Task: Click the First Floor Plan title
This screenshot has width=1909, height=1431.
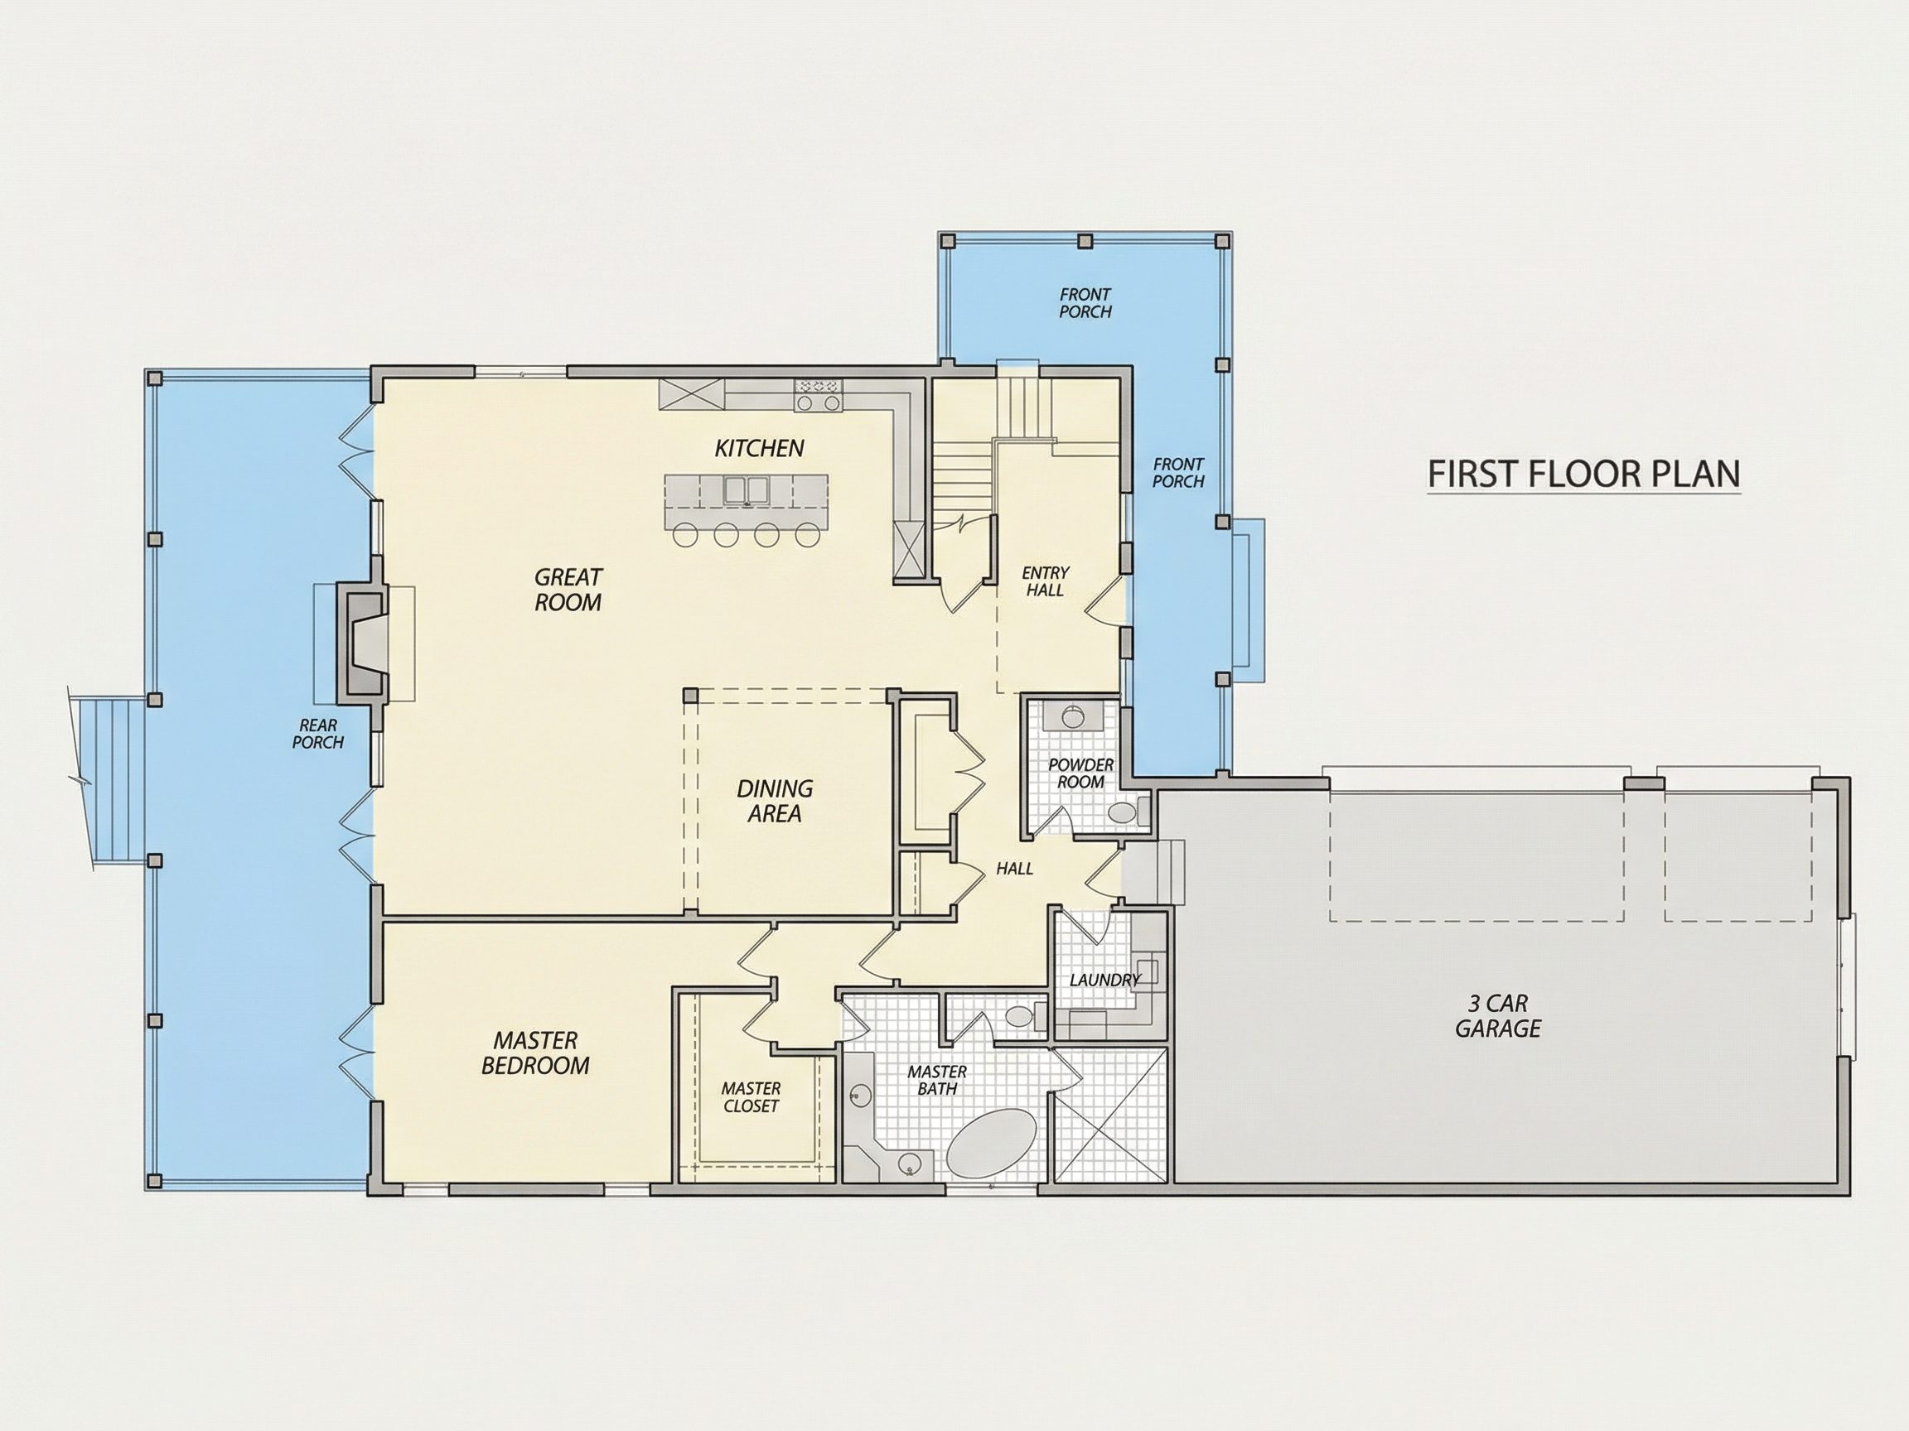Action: (1583, 474)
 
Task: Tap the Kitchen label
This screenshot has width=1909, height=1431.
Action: (760, 449)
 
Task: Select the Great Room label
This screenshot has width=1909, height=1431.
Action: (568, 589)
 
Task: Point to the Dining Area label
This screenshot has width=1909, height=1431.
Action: (774, 801)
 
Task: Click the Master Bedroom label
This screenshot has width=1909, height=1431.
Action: (535, 1053)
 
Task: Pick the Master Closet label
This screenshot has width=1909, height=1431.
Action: (751, 1097)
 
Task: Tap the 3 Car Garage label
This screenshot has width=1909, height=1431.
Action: (1498, 1015)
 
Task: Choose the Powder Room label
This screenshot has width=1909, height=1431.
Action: (1080, 773)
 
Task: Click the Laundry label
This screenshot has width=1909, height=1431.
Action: (1104, 980)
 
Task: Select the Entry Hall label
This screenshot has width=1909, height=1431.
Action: (1045, 581)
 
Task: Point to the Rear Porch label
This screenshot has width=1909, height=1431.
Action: (317, 734)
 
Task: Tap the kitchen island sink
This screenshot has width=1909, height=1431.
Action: (746, 490)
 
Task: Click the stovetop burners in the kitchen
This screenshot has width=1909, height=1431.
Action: (818, 395)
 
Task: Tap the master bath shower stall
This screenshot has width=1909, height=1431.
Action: (1109, 1115)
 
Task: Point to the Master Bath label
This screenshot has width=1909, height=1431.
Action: (937, 1080)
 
